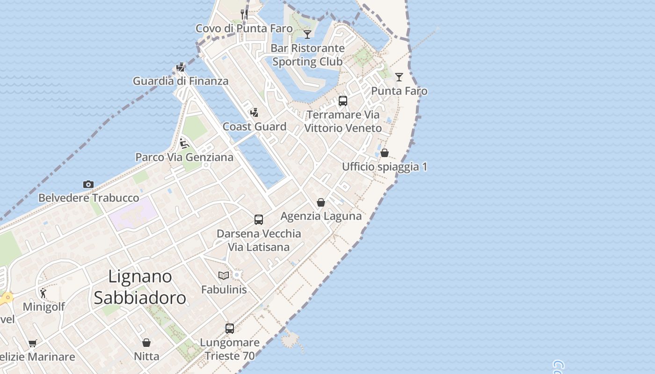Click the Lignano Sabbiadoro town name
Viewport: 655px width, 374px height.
140,287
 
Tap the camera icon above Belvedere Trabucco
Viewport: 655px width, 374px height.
88,185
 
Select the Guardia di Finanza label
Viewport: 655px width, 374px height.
181,81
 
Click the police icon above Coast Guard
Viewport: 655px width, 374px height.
254,113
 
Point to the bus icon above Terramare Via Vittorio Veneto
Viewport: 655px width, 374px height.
343,101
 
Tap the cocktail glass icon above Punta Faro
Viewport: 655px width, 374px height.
399,77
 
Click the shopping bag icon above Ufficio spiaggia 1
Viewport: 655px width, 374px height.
385,153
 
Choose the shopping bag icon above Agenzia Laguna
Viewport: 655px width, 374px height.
321,202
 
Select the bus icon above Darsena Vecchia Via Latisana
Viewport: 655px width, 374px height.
259,219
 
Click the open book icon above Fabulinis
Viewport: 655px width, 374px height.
224,276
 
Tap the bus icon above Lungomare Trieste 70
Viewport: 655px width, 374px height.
230,329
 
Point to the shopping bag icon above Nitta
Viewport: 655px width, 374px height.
146,343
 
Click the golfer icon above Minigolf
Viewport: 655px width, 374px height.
44,293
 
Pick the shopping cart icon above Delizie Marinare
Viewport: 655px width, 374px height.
32,344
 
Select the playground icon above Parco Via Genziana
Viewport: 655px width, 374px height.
184,143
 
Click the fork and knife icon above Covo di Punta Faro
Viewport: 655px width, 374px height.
244,14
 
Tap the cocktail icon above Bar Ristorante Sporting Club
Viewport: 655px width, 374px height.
307,34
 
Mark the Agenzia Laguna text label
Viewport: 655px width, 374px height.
321,216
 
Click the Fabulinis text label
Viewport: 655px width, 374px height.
224,289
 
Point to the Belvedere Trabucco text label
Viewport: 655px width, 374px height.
88,198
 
